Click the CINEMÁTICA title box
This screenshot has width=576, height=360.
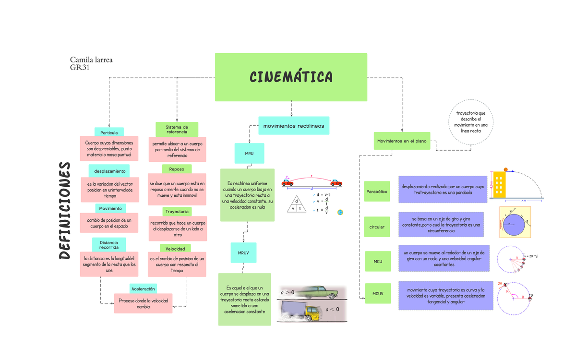click(x=291, y=77)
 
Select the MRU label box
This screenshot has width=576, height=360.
click(x=250, y=153)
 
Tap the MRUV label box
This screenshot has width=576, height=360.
click(x=243, y=252)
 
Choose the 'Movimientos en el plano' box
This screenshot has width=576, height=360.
click(x=402, y=141)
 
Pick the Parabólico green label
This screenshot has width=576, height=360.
click(x=377, y=192)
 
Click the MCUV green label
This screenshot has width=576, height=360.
click(x=378, y=293)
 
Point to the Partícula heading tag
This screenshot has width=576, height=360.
click(x=109, y=132)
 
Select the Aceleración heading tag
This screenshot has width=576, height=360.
click(x=143, y=288)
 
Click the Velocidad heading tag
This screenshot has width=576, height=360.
click(x=176, y=249)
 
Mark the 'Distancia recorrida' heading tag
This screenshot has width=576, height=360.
click(x=109, y=245)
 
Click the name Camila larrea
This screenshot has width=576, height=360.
click(x=92, y=60)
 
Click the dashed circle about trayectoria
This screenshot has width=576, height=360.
click(x=470, y=122)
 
